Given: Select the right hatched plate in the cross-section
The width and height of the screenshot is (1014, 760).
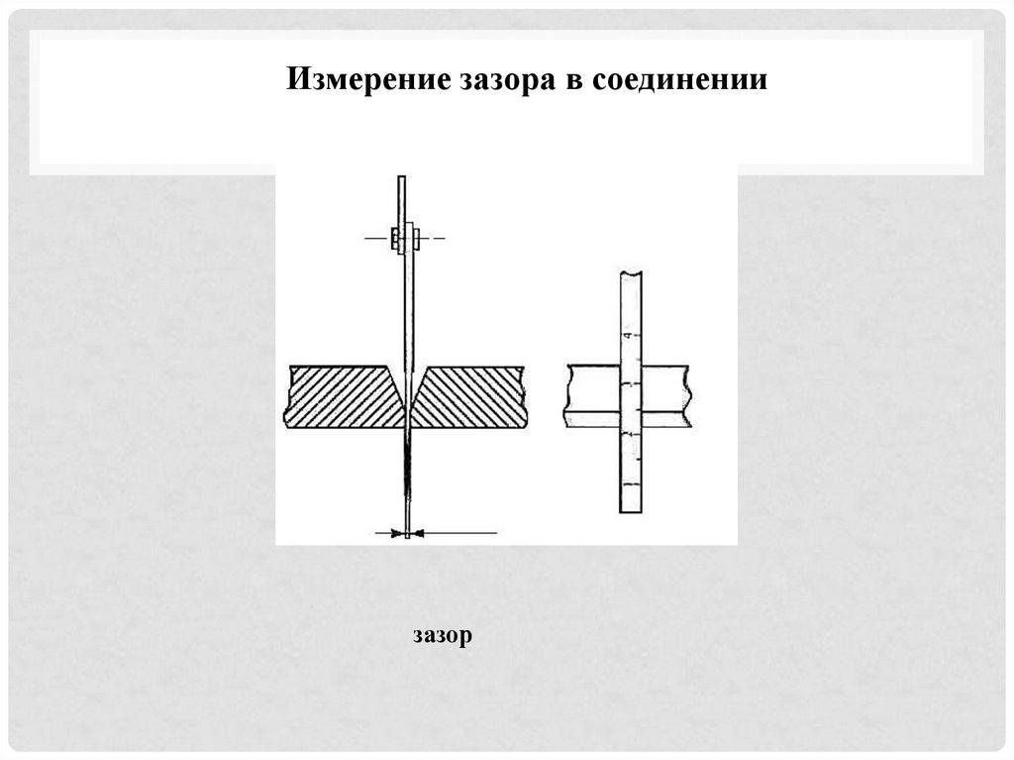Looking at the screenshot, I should click(x=468, y=396).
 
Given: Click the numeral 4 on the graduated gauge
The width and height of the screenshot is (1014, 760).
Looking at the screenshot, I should click(x=626, y=338).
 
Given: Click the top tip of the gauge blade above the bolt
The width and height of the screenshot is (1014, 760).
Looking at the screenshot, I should click(x=402, y=179).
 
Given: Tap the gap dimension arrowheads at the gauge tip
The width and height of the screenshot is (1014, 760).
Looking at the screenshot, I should click(x=407, y=533).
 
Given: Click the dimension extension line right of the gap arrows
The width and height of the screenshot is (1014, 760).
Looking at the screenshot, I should click(x=459, y=533).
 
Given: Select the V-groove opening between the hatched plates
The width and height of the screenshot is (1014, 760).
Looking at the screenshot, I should click(x=407, y=381).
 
